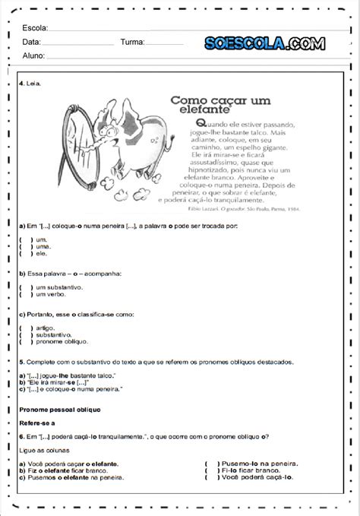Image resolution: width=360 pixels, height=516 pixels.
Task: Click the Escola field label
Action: point(36,28)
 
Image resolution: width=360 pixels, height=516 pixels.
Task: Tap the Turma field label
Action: point(132,42)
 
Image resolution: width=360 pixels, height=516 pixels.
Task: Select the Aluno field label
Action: point(34,55)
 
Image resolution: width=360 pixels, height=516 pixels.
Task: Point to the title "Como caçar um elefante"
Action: point(221,103)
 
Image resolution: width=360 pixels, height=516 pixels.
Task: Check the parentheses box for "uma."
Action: point(24,246)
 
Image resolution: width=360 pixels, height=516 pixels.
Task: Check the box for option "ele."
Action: point(24,254)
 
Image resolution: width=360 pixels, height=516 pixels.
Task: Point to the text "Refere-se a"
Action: point(37,423)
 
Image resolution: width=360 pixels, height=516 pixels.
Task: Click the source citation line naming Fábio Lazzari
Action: point(242,207)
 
